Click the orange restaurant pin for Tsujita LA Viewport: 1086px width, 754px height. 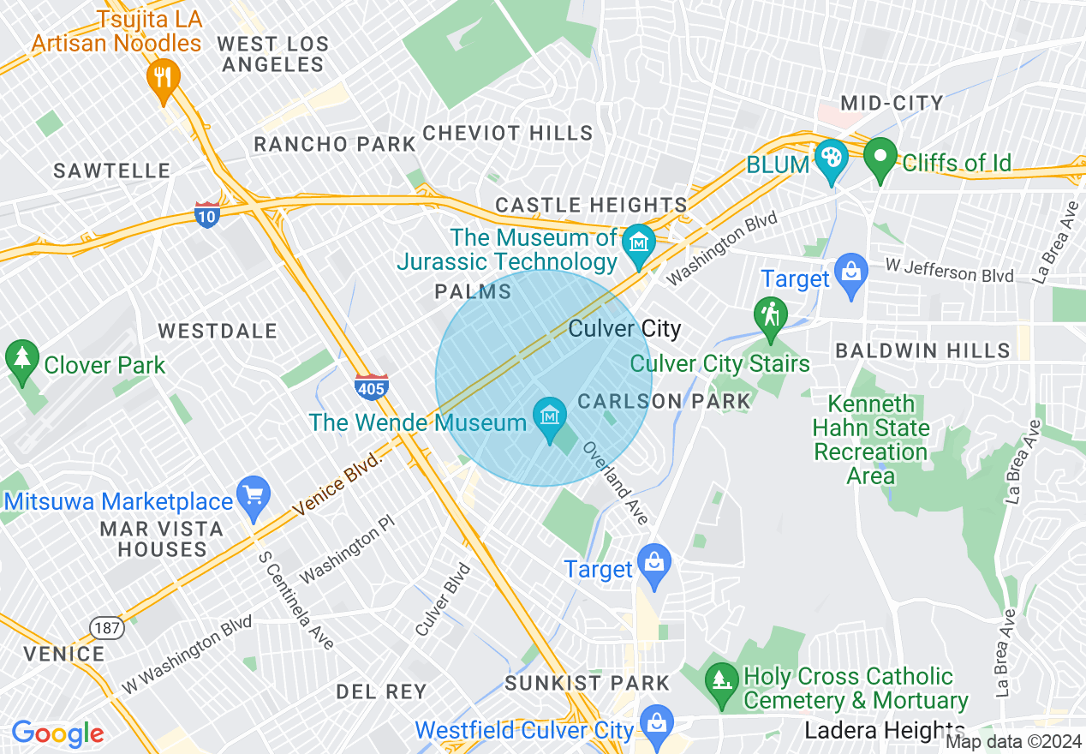tap(162, 77)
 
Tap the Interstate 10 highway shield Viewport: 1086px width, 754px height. tap(206, 214)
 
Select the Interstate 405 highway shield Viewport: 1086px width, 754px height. tap(371, 387)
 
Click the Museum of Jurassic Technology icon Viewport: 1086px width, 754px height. tap(638, 241)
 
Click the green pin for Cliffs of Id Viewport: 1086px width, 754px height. tap(880, 158)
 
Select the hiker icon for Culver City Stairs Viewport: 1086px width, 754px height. tap(770, 314)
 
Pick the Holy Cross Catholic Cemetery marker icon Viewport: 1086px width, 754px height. tap(720, 680)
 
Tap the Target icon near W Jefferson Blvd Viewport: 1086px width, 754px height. tap(851, 273)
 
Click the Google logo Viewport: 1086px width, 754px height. tap(57, 733)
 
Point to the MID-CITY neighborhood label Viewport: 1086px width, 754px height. tap(892, 104)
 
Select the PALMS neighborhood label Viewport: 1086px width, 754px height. tap(473, 292)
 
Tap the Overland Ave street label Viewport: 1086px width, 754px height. tap(617, 483)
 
